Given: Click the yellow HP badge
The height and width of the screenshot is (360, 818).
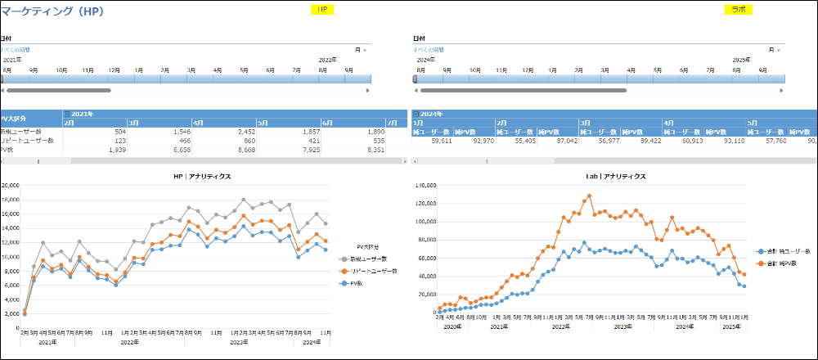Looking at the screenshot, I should (x=321, y=9).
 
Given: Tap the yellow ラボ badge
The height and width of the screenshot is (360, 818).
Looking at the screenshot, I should (x=739, y=9).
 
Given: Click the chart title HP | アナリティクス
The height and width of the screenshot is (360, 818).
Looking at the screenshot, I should (x=201, y=176).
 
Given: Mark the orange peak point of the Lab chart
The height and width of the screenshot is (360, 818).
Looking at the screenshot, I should (x=589, y=196).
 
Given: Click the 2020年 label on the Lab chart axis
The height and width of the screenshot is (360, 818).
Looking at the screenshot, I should (x=452, y=326).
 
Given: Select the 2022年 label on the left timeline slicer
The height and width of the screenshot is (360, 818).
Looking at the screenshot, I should (x=327, y=60).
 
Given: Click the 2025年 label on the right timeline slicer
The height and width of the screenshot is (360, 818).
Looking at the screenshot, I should (x=741, y=60).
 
